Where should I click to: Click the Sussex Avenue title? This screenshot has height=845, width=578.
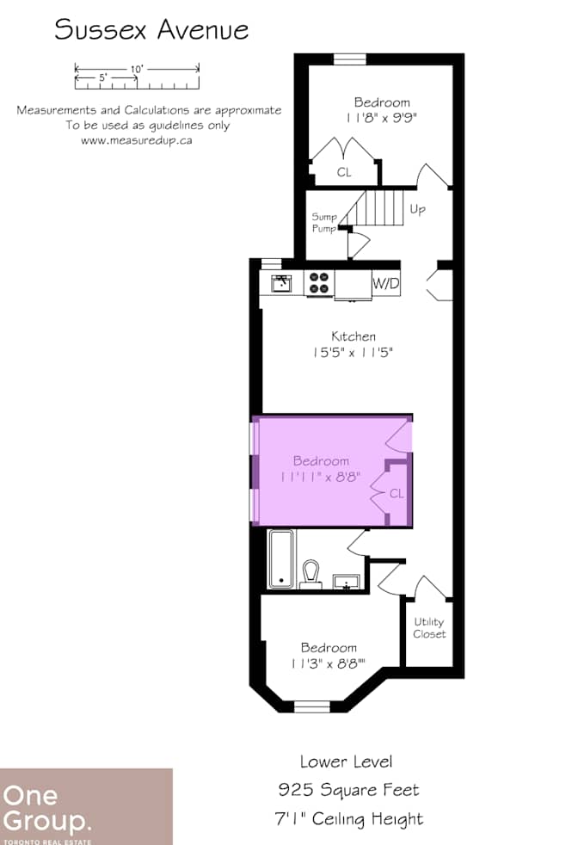[151, 30]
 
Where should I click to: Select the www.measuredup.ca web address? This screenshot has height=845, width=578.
[136, 140]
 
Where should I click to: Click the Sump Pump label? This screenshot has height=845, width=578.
[323, 223]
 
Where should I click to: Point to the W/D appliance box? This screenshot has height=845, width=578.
[385, 283]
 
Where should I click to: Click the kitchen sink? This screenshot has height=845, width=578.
[281, 283]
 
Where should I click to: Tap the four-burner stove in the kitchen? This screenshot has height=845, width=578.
[319, 283]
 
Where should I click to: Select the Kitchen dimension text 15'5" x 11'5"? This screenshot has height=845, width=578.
[353, 352]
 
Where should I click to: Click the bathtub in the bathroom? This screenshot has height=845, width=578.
[281, 559]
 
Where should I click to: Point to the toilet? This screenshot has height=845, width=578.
[311, 573]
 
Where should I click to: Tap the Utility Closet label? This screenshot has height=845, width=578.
[428, 628]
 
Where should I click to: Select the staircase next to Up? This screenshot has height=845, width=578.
[378, 208]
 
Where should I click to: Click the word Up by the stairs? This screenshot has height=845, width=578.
[417, 209]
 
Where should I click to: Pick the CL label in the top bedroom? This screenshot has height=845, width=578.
[344, 172]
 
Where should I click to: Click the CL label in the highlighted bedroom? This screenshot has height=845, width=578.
[397, 494]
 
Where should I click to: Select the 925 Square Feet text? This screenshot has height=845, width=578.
[348, 789]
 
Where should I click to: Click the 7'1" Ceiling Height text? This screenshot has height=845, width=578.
[350, 818]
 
